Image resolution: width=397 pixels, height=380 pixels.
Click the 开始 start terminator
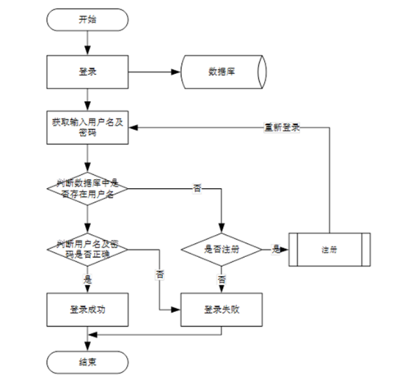pos(87,20)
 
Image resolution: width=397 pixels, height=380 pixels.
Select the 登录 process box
pos(87,72)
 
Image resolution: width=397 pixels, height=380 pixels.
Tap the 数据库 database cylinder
pos(224,72)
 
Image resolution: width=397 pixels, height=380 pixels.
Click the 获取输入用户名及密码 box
pos(87,127)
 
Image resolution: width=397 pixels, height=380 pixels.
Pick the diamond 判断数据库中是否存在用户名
pos(87,188)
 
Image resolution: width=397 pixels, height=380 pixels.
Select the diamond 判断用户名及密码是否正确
pos(87,250)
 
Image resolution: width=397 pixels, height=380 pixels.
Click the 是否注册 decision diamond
pos(222,250)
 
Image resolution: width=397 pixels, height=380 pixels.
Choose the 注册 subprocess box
pos(329,250)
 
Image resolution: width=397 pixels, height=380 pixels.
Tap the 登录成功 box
pos(87,310)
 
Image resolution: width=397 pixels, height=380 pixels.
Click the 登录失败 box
pos(222,310)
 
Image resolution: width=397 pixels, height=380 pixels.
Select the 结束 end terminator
pos(87,362)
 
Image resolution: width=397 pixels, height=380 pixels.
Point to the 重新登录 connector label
pos(282,127)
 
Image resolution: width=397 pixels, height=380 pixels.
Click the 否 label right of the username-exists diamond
pos(197,188)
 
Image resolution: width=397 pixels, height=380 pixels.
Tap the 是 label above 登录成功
pos(87,280)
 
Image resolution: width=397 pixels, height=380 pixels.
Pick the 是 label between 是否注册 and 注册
pos(276,250)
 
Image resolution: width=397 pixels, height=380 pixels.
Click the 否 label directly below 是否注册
pos(222,280)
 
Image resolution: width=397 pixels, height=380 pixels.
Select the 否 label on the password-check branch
pos(159,275)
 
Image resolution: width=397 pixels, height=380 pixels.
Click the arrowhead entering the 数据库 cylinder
pos(176,72)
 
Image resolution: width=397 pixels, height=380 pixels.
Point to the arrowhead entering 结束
pos(87,346)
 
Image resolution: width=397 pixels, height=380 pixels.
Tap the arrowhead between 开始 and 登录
pos(87,51)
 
